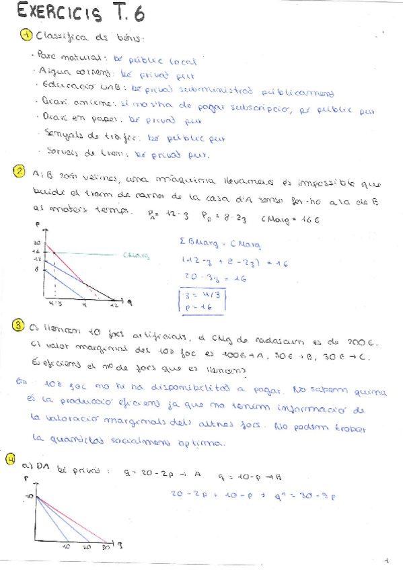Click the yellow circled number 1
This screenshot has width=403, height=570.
click(x=26, y=36)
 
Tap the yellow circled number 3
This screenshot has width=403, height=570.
click(x=19, y=326)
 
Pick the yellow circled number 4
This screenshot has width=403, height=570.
click(x=11, y=458)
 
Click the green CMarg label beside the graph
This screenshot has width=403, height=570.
click(x=136, y=255)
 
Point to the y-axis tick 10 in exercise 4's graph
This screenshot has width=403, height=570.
click(x=29, y=496)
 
